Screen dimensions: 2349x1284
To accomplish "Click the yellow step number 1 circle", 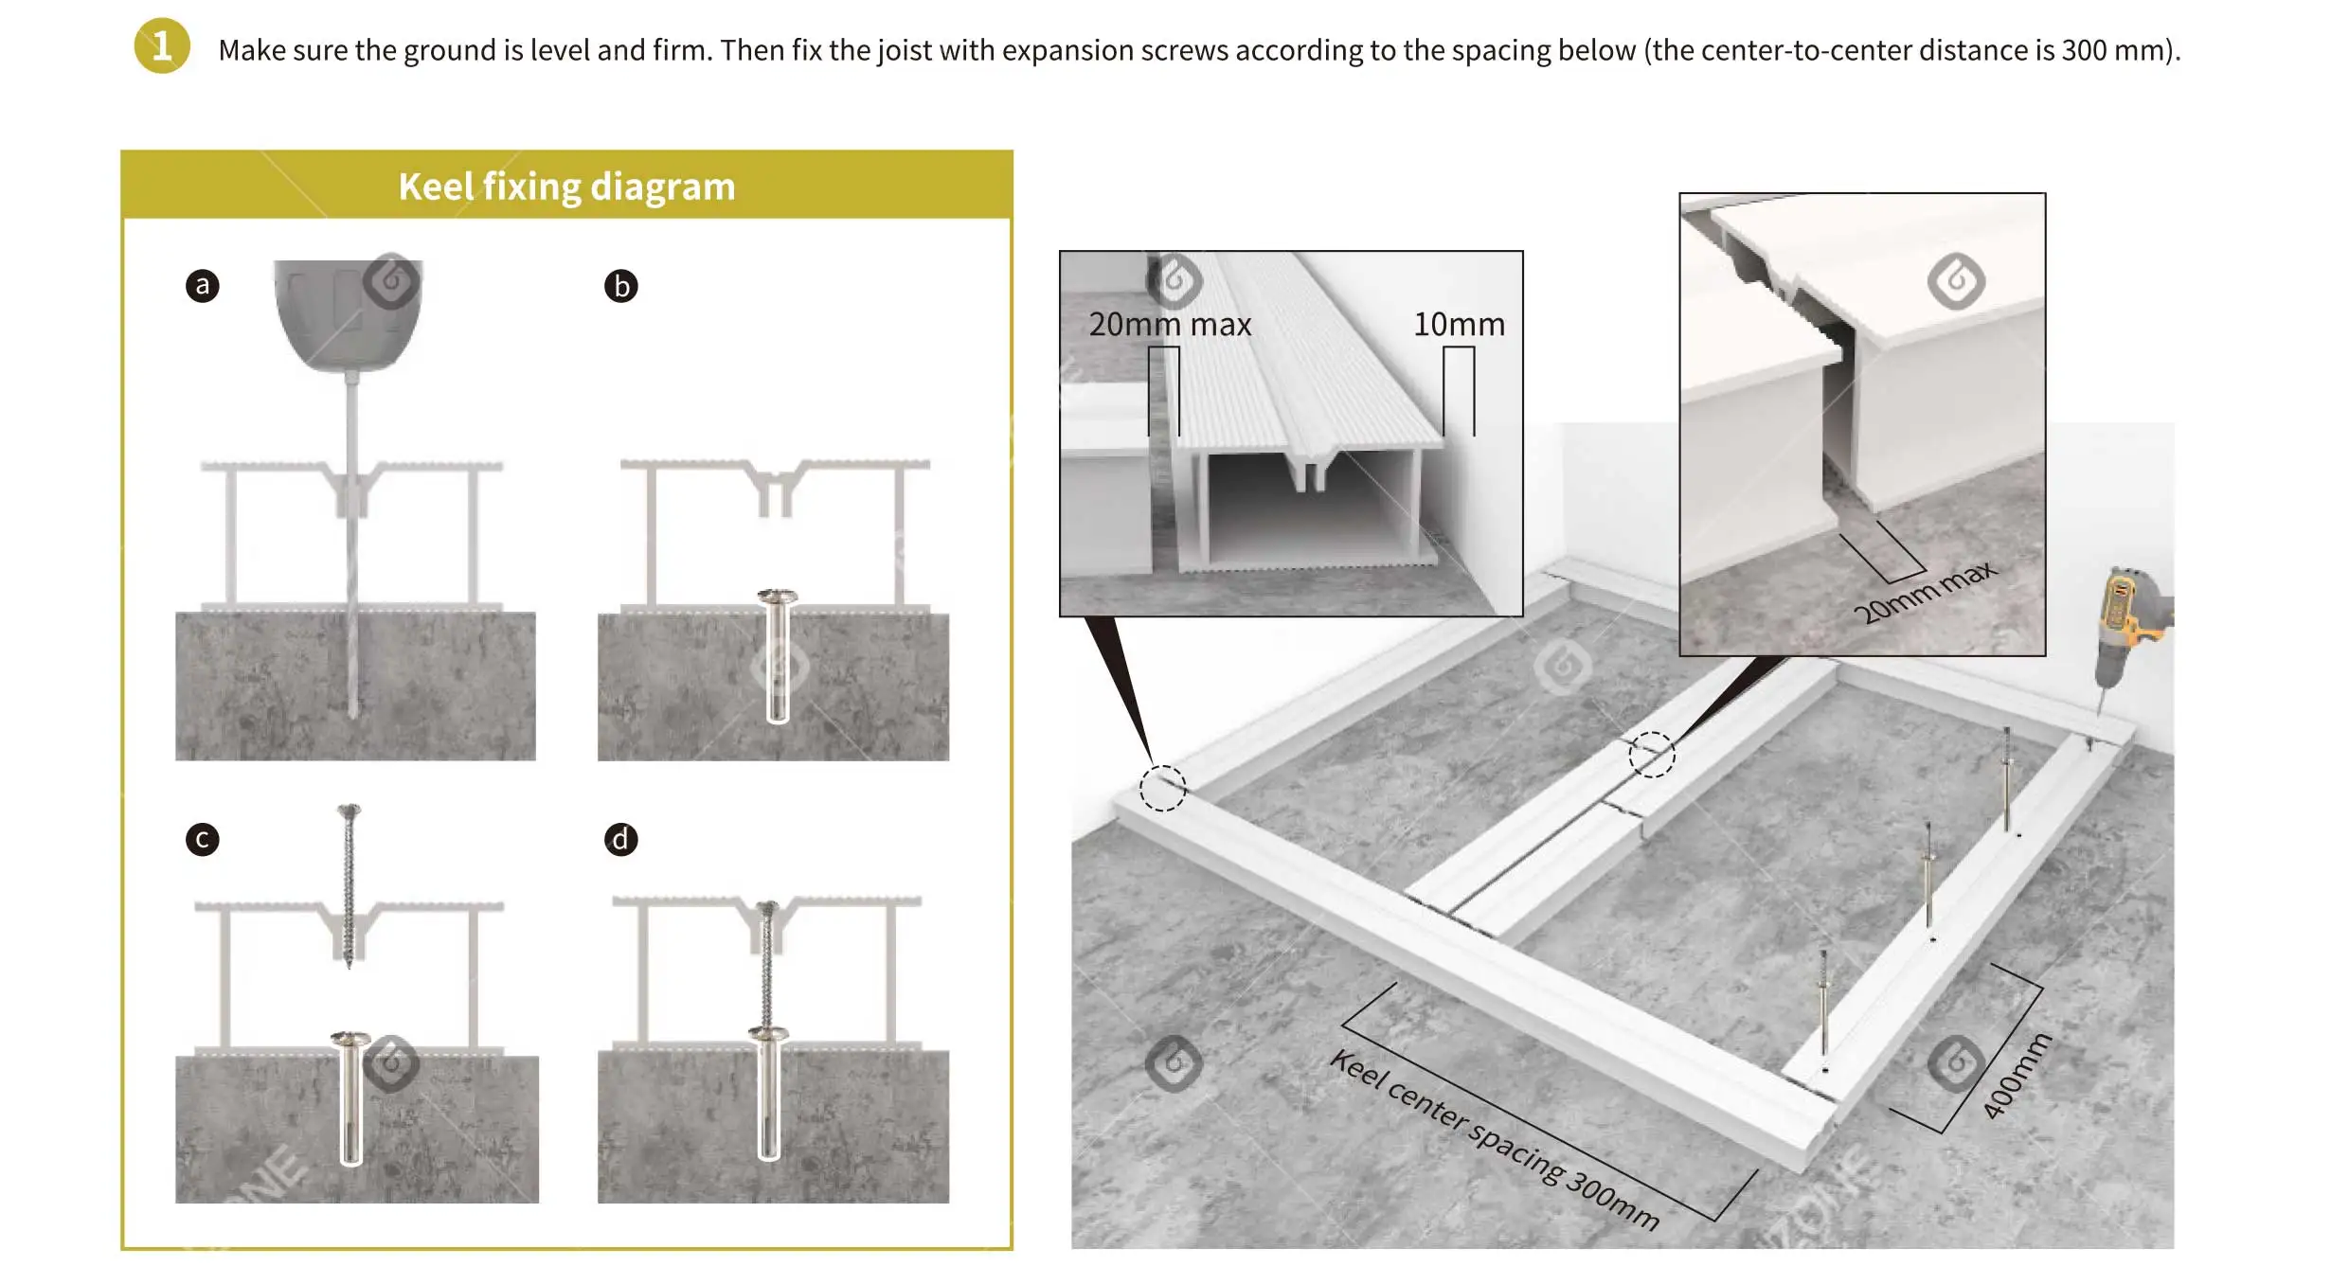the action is (x=162, y=45).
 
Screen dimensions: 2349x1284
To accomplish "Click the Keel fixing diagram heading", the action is (x=566, y=187).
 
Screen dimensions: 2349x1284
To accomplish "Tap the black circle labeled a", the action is (x=203, y=285).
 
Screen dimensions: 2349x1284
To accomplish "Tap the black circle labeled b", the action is (x=621, y=286).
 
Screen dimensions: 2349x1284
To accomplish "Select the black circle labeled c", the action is (x=203, y=839).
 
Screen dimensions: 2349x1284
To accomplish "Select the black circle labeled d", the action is (x=621, y=839).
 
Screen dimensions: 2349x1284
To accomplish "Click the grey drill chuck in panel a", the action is (x=349, y=316).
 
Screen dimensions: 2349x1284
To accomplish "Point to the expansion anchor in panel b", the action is (x=778, y=655).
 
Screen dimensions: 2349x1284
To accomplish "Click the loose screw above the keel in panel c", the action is (x=349, y=886).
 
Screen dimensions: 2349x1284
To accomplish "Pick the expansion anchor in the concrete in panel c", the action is (x=350, y=1098).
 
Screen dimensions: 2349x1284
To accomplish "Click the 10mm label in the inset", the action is (x=1459, y=325).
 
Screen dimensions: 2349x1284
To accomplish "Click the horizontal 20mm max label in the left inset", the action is (x=1170, y=325).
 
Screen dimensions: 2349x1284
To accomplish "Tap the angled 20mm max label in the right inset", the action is (x=1926, y=592).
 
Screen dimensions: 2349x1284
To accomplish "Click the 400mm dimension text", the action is (x=2017, y=1076).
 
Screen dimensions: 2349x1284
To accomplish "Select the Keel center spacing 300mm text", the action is (x=1495, y=1139).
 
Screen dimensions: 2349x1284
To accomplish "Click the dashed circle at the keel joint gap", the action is (x=1652, y=755).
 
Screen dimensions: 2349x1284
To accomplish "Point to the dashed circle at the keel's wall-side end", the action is (x=1162, y=788).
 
